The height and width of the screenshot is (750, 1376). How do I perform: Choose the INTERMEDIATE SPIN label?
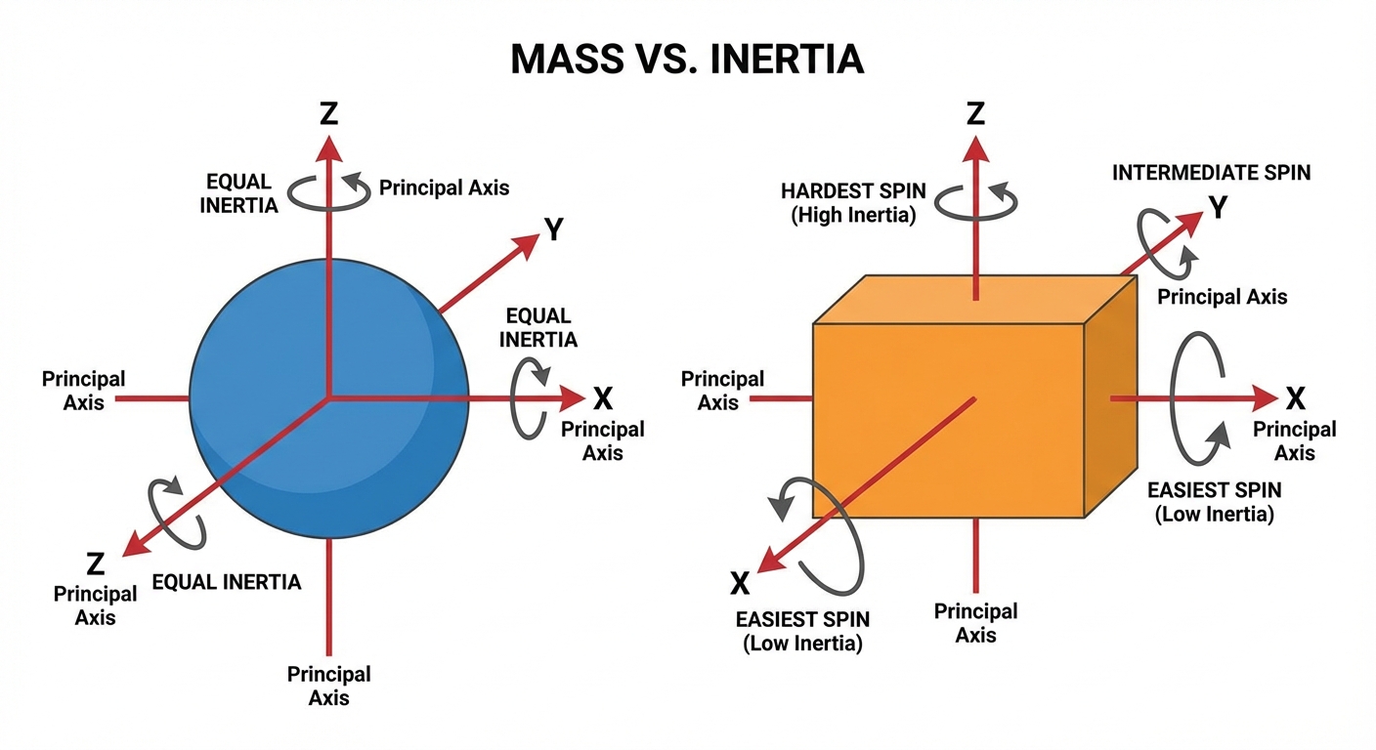(x=1211, y=173)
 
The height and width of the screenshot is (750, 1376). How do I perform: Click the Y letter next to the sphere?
(x=554, y=229)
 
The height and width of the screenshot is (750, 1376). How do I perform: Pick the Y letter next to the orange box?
(x=1218, y=208)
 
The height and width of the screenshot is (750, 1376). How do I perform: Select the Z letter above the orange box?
(x=974, y=114)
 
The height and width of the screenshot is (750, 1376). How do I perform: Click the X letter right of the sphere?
(x=603, y=398)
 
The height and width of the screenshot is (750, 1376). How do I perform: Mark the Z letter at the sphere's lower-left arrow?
(x=95, y=563)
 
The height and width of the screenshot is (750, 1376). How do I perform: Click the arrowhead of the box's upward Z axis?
(x=975, y=148)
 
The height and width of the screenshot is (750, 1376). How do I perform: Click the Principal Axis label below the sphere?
(x=328, y=686)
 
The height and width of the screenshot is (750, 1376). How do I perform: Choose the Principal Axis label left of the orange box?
(x=722, y=390)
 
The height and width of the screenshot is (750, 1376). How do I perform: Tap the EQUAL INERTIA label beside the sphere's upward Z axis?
(x=241, y=192)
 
